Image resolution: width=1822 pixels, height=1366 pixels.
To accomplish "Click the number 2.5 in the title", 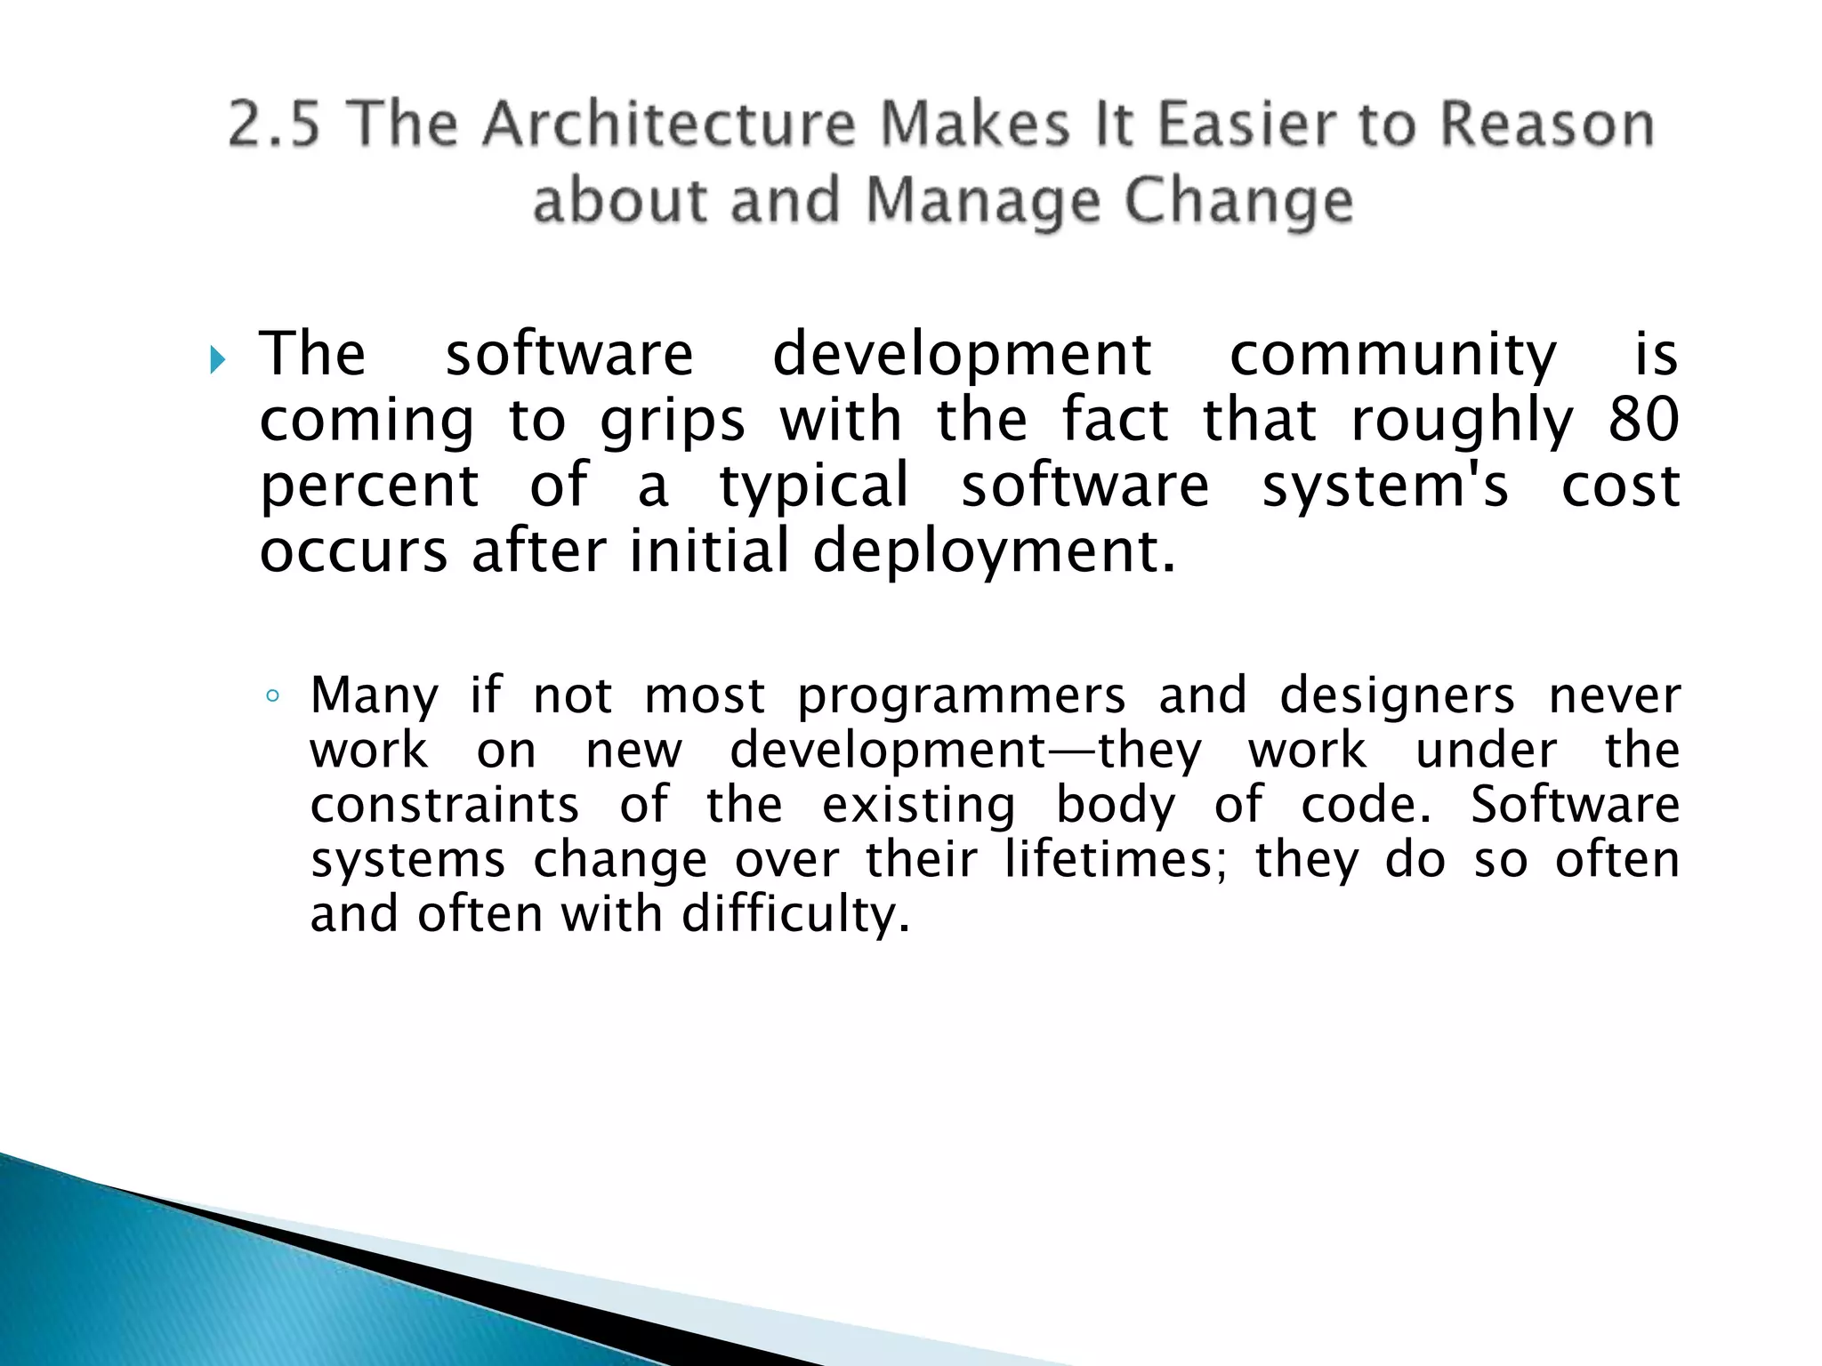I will (x=273, y=124).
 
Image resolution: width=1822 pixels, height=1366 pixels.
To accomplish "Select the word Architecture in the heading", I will (x=668, y=124).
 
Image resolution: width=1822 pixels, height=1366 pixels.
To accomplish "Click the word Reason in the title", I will (x=1547, y=124).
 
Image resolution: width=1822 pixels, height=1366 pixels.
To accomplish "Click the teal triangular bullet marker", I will (x=217, y=360).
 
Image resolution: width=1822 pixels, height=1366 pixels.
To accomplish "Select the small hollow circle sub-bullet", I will (x=273, y=696).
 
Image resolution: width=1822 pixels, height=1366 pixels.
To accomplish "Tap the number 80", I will (x=1643, y=420).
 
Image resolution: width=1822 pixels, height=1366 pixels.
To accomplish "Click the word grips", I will (x=673, y=422).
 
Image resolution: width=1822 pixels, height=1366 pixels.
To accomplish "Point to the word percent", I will (x=369, y=487).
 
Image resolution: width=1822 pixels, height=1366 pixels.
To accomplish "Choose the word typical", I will (x=814, y=487).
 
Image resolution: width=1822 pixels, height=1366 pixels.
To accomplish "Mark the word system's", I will (x=1385, y=487).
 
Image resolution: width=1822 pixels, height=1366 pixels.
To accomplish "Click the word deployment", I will (x=994, y=552).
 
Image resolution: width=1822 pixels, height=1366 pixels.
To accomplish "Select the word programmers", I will (x=961, y=697).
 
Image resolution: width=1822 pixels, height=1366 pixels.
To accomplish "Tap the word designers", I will (x=1397, y=696).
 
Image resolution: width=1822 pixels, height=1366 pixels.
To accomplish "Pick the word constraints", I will (x=445, y=805).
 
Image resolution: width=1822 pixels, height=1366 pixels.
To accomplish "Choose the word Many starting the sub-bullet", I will (x=375, y=696).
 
